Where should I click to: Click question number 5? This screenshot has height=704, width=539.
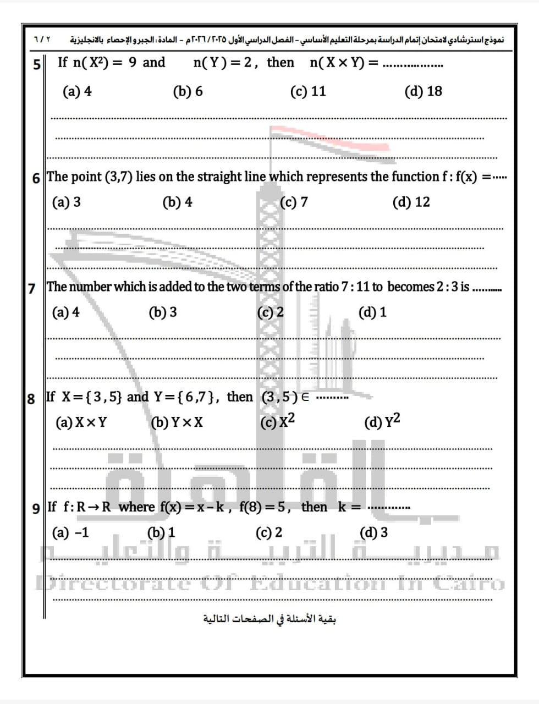(37, 64)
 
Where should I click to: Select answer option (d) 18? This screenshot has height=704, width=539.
(423, 91)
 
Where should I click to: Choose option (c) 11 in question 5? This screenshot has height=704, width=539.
(308, 91)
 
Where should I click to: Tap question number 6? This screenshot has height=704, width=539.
(36, 178)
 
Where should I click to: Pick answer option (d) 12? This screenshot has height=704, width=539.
(411, 202)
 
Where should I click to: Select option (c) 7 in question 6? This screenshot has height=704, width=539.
(294, 202)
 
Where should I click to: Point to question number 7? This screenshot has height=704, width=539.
(32, 288)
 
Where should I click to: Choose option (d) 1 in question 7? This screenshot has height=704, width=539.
(372, 312)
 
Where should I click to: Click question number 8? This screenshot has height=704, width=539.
(31, 398)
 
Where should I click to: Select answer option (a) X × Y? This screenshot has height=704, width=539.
(81, 422)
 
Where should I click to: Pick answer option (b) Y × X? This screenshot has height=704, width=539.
(177, 422)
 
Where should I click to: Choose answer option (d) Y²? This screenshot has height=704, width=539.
(382, 421)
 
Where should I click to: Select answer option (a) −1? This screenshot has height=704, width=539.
(70, 532)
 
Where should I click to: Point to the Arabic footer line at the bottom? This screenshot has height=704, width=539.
(269, 619)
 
